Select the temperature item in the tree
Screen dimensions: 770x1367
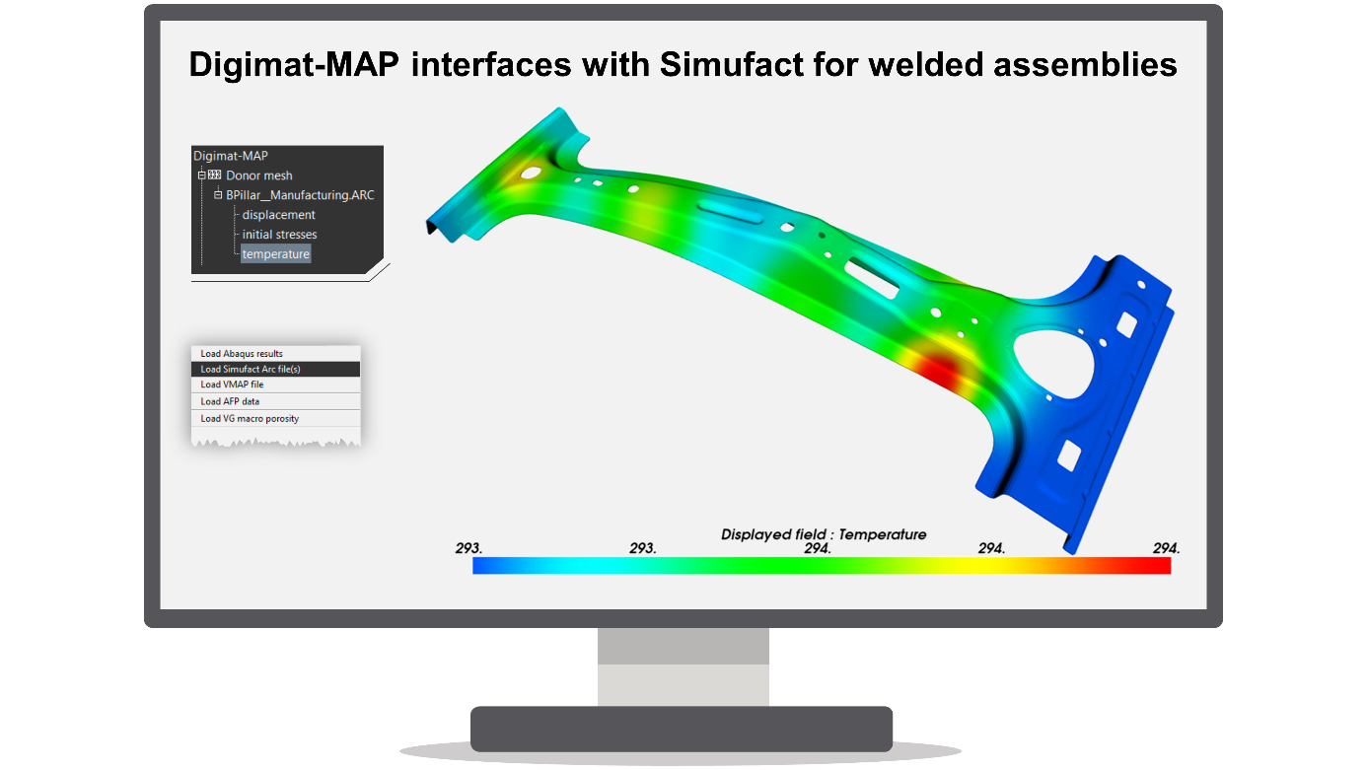(x=276, y=254)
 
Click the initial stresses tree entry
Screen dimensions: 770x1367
(x=279, y=235)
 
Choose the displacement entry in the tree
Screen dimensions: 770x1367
(x=278, y=215)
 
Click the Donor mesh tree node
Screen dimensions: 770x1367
(x=258, y=175)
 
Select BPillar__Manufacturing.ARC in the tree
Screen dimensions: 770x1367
(x=300, y=195)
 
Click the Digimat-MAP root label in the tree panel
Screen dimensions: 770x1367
(x=231, y=156)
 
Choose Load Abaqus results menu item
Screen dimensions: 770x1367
(x=242, y=353)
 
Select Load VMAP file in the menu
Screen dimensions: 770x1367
(x=232, y=385)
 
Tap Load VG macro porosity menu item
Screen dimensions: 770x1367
(x=250, y=418)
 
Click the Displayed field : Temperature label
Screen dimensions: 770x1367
(x=824, y=534)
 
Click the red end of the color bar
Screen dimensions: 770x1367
(x=1144, y=566)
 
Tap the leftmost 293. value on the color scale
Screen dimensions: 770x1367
(x=468, y=548)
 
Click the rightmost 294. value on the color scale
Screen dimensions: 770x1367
(x=1166, y=548)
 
